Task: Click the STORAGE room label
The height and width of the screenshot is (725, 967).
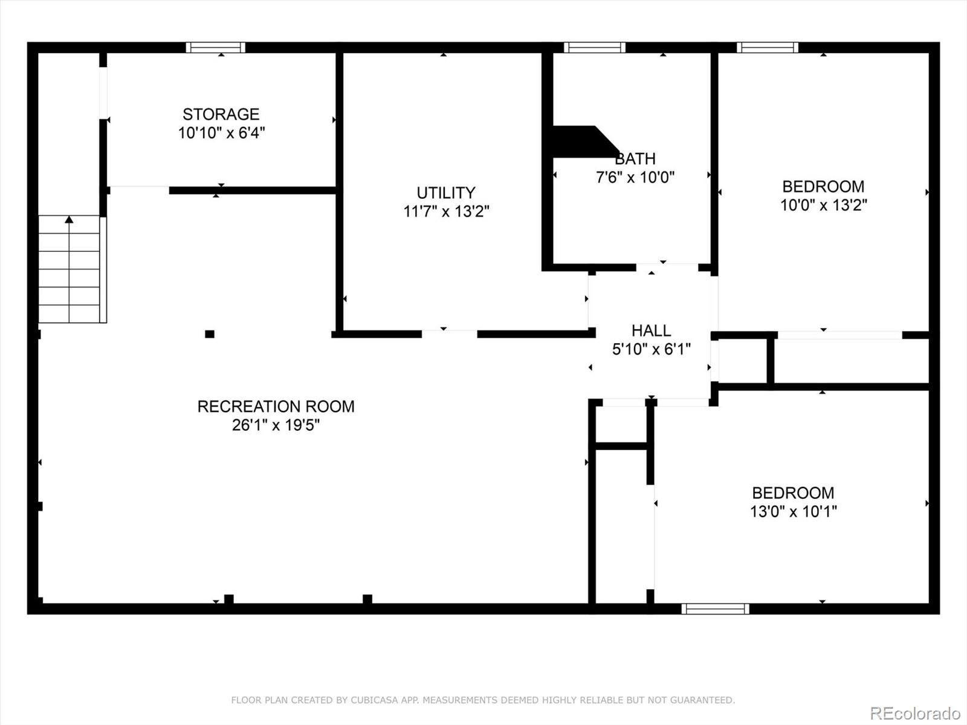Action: pyautogui.click(x=221, y=114)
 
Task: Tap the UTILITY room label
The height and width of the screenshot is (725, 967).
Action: pyautogui.click(x=446, y=193)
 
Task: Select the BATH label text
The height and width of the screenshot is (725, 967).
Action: pyautogui.click(x=635, y=158)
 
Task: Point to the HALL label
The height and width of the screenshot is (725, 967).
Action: pyautogui.click(x=651, y=330)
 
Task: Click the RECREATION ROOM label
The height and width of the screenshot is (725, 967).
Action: pyautogui.click(x=276, y=406)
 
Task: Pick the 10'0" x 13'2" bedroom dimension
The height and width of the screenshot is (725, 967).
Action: pyautogui.click(x=823, y=205)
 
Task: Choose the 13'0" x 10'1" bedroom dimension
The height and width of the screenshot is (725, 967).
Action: pyautogui.click(x=794, y=512)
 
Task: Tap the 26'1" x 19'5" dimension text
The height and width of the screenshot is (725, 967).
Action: pyautogui.click(x=276, y=425)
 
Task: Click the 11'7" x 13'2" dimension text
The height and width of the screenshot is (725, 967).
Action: pyautogui.click(x=446, y=211)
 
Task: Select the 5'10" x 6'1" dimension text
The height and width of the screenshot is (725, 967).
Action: pyautogui.click(x=651, y=349)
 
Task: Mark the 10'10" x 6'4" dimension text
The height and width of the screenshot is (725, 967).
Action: pyautogui.click(x=221, y=133)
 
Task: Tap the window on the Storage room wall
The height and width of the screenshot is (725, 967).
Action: pyautogui.click(x=215, y=48)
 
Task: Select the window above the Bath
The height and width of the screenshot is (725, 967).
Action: pyautogui.click(x=594, y=48)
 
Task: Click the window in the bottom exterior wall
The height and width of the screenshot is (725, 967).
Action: pyautogui.click(x=715, y=609)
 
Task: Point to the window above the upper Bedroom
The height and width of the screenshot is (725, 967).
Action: pyautogui.click(x=768, y=48)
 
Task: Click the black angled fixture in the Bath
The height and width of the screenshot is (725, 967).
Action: pyautogui.click(x=584, y=142)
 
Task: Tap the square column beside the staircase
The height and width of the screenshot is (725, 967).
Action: pyautogui.click(x=210, y=334)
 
